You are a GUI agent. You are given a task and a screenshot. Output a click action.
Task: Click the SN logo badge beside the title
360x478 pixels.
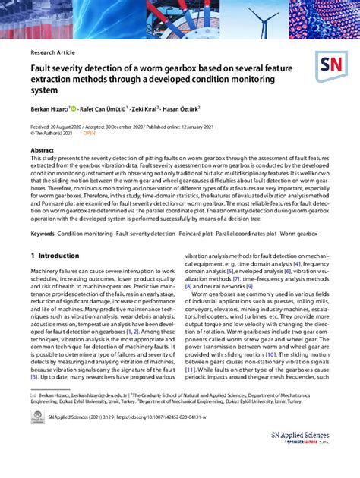pos(330,67)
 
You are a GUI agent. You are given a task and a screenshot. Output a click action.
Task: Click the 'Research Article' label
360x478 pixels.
pos(52,52)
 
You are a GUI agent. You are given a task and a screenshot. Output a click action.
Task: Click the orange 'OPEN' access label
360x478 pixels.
pos(89,132)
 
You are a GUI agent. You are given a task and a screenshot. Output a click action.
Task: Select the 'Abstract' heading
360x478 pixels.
pos(42,150)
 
